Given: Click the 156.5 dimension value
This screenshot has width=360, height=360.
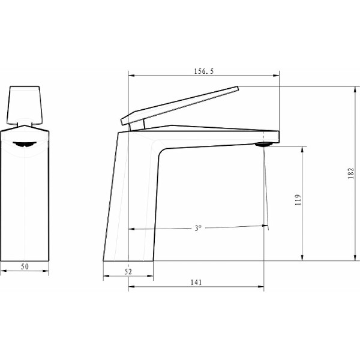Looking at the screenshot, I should tap(204, 71).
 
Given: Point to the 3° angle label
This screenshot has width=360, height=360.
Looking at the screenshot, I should tap(198, 229).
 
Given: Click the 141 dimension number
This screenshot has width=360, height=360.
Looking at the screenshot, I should tap(196, 282).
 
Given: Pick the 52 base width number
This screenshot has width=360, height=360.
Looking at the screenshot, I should tap(128, 272).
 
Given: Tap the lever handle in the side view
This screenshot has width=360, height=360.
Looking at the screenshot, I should tap(180, 105).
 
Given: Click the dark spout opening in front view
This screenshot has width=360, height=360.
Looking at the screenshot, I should tap(25, 143).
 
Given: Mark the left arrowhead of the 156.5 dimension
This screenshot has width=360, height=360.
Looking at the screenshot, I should tap(131, 76).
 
